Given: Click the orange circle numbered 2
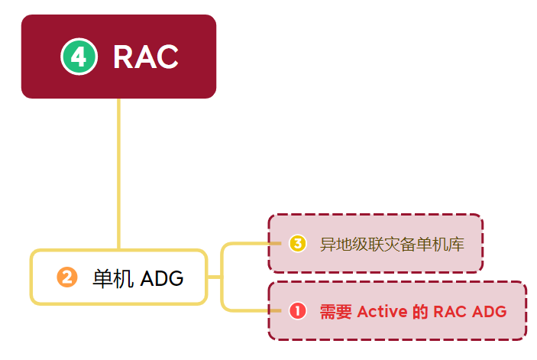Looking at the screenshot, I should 66,277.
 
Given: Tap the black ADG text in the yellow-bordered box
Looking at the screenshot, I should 163,278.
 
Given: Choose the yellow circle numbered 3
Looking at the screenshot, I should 298,244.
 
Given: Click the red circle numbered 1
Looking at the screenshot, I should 298,311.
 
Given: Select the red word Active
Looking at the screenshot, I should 382,312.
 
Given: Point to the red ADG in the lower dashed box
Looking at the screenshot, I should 490,312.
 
